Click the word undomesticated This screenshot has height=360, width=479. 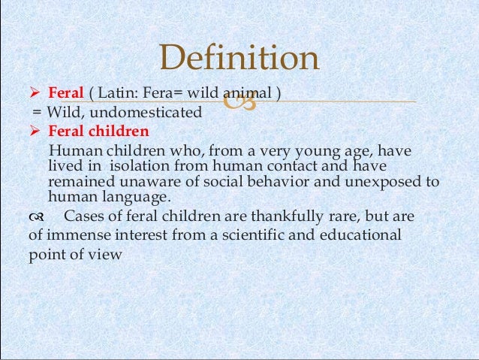coord(157,113)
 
